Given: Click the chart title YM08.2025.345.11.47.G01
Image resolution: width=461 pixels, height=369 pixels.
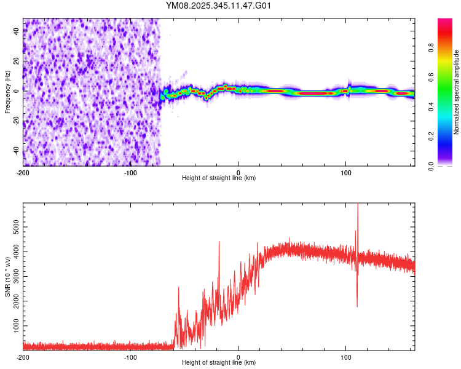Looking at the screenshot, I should pos(219,6).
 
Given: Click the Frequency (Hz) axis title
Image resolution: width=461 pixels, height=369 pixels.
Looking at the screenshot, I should pos(7,92).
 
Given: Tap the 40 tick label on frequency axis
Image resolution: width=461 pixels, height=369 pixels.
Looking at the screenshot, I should pos(16,31).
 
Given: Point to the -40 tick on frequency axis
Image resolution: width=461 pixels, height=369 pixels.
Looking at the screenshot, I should pos(16,151).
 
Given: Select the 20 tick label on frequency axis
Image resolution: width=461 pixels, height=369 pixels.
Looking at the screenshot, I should pos(16,61).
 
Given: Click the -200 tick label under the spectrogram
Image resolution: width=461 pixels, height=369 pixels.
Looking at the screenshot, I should pos(23,172).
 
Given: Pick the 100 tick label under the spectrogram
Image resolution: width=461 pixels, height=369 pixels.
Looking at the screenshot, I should pos(346,172).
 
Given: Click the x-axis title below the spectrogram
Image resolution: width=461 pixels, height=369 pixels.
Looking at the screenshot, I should pos(219,178).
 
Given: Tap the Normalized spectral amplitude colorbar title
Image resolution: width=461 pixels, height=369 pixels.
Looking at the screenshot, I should pos(456,92).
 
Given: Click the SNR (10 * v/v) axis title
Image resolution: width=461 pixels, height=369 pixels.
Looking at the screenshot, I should pos(7,277).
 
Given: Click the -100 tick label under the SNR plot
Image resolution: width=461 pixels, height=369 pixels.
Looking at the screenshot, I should pos(131,357).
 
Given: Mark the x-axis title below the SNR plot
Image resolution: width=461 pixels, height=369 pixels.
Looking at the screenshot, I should pos(219,363).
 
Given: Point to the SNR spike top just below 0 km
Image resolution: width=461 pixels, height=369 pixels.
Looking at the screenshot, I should pos(219,242).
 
